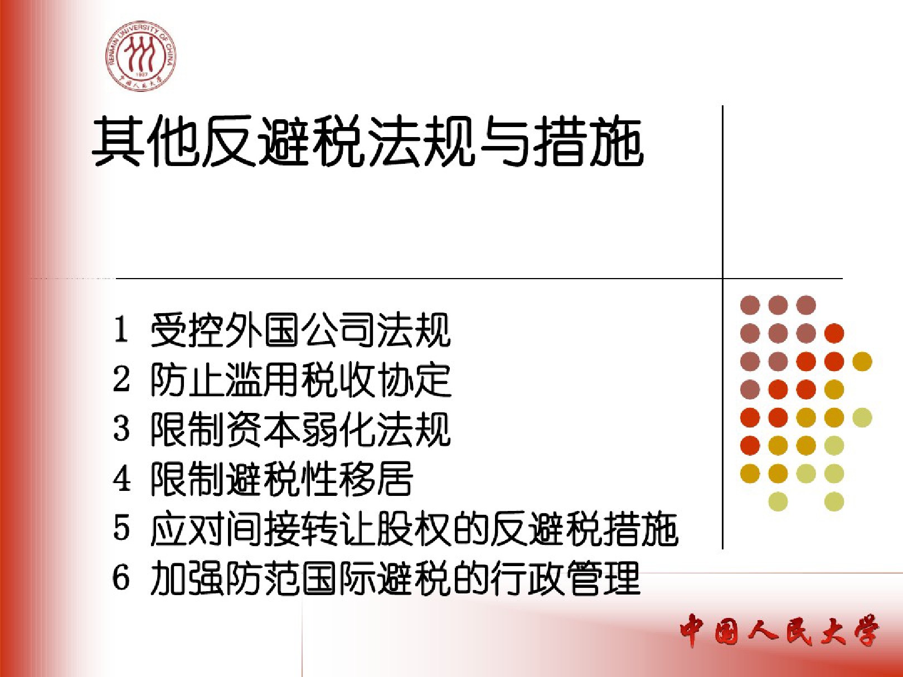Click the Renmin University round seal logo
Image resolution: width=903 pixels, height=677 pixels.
140,56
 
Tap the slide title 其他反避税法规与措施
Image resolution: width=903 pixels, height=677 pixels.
367,142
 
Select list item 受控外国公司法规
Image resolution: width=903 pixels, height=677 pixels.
300,330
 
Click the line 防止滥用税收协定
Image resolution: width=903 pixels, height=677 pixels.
300,380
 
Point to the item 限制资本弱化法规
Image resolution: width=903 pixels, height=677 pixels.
300,430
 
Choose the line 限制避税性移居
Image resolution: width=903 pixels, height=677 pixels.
282,479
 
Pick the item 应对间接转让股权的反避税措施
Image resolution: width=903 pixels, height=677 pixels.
414,529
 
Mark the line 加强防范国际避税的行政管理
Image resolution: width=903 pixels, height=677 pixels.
395,578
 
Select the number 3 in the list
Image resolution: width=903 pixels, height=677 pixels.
122,428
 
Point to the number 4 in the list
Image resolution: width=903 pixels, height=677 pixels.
122,478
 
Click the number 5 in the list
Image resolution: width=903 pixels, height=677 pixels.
122,528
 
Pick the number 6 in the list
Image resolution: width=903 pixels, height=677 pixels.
122,577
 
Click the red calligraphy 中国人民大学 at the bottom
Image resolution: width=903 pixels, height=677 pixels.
780,630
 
